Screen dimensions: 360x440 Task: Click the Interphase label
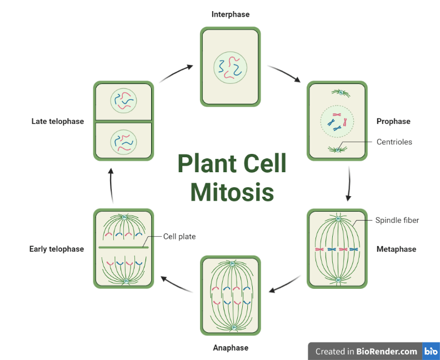pyautogui.click(x=230, y=14)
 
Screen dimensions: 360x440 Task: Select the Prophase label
pyautogui.click(x=393, y=121)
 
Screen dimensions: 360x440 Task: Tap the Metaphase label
pyautogui.click(x=396, y=249)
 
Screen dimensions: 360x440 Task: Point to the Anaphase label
pyautogui.click(x=231, y=348)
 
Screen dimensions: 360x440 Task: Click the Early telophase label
pyautogui.click(x=57, y=249)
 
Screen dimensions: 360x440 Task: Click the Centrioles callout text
pyautogui.click(x=394, y=142)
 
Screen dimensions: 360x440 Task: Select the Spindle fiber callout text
pyautogui.click(x=397, y=220)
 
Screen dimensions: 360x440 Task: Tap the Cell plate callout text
pyautogui.click(x=179, y=236)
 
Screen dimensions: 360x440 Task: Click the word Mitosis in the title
pyautogui.click(x=232, y=192)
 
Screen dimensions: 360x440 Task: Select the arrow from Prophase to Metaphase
pyautogui.click(x=349, y=183)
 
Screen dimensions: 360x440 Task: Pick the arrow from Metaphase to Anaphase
pyautogui.click(x=286, y=284)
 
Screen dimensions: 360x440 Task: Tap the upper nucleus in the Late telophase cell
pyautogui.click(x=123, y=101)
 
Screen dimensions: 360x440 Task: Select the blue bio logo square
pyautogui.click(x=431, y=351)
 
